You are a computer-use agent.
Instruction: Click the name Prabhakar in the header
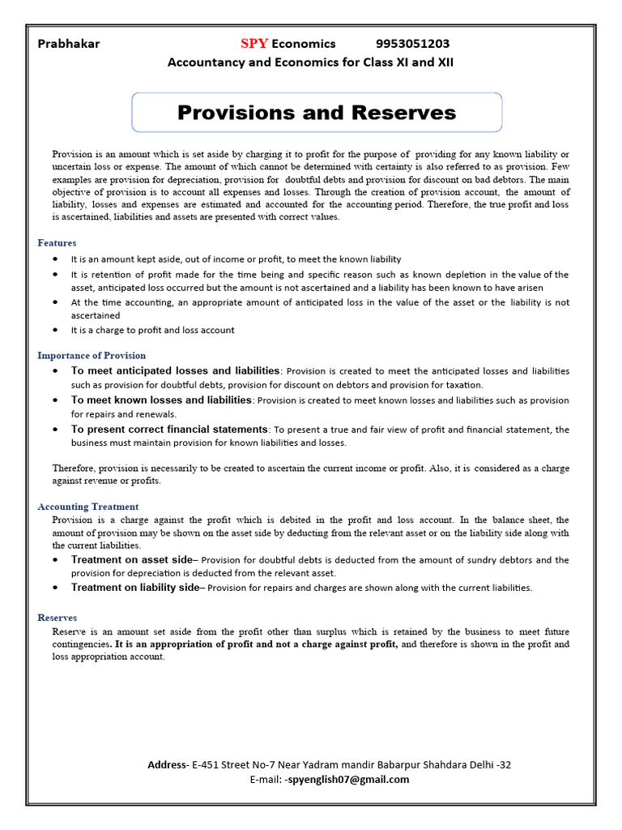point(69,44)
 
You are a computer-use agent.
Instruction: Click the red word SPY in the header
point(253,44)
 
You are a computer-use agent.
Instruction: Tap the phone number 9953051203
point(413,44)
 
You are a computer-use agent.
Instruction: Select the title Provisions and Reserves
point(317,113)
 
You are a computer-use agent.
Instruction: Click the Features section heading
point(57,242)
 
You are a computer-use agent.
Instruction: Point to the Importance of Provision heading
point(92,355)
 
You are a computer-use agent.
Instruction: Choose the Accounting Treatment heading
point(87,507)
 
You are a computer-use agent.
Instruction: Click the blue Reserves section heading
point(58,618)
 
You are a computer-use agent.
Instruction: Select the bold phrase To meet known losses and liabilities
point(160,400)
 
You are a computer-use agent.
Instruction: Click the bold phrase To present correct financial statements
point(169,430)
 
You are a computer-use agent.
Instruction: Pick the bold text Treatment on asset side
point(132,560)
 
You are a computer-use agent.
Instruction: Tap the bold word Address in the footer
point(167,764)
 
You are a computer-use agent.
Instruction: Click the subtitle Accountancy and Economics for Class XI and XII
point(310,62)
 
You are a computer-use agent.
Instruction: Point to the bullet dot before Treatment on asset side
point(54,560)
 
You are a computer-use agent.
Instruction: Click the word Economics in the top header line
point(304,44)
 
